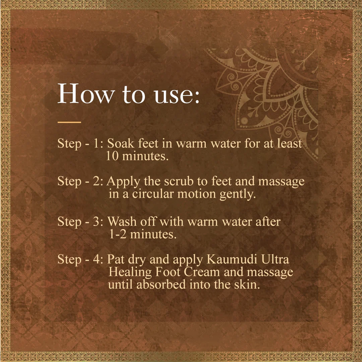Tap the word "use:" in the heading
(x=176, y=95)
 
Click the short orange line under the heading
(x=69, y=122)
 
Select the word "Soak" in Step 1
(x=121, y=143)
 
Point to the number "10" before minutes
(x=112, y=156)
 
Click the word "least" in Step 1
(x=290, y=143)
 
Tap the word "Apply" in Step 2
(x=123, y=182)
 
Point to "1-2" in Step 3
(x=118, y=234)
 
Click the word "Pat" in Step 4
(x=116, y=259)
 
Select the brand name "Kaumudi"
(x=232, y=259)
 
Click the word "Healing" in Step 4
(x=130, y=273)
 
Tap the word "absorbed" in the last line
(x=161, y=284)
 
